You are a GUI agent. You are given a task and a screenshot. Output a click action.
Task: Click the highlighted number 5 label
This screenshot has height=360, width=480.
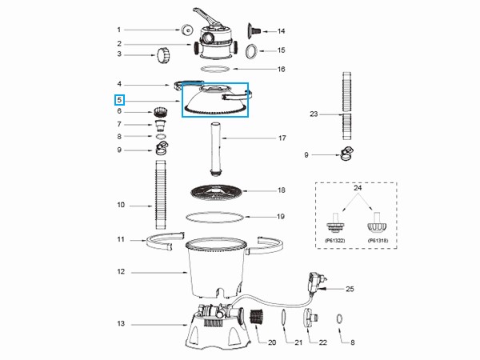click(x=119, y=100)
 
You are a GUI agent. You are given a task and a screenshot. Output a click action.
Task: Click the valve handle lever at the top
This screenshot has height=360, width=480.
click(x=206, y=18)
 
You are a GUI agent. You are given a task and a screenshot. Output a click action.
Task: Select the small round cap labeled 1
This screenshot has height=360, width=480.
click(x=186, y=30)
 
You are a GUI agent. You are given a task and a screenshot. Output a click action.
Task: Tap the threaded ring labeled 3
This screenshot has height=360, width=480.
click(x=163, y=55)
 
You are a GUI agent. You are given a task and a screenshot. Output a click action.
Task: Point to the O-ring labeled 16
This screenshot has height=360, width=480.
click(x=215, y=69)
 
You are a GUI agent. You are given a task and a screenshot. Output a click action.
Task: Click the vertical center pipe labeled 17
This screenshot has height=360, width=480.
click(x=216, y=149)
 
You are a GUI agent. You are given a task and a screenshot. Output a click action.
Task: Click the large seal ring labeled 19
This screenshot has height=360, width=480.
click(x=215, y=217)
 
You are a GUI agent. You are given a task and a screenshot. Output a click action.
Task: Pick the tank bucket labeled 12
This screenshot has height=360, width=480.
click(x=215, y=267)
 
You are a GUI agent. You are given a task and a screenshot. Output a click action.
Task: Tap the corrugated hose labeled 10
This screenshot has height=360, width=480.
click(x=161, y=194)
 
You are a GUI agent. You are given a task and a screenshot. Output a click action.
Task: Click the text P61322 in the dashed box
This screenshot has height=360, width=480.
click(x=335, y=241)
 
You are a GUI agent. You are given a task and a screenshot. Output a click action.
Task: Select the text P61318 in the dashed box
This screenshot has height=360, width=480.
click(x=378, y=241)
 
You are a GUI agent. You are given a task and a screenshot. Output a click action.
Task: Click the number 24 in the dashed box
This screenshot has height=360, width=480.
click(x=358, y=188)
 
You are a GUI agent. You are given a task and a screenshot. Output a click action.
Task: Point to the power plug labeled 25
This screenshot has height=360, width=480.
click(x=317, y=282)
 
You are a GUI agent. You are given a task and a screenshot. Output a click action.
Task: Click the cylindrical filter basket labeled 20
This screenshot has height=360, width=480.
click(x=257, y=318)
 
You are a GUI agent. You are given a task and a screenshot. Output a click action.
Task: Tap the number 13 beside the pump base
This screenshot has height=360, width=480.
click(x=121, y=323)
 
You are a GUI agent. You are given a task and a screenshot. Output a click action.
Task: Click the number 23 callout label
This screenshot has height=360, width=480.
click(x=314, y=114)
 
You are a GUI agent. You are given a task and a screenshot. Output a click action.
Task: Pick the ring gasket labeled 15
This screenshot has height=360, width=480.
click(x=252, y=51)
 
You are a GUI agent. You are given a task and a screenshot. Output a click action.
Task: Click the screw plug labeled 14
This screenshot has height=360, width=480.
click(x=254, y=30)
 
